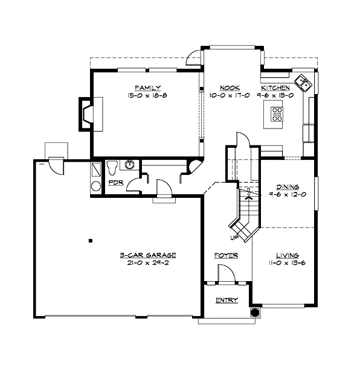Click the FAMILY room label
coord(144,87)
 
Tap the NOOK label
coord(217,87)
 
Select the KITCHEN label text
coord(275,87)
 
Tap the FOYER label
coord(226,256)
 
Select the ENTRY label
coord(226,300)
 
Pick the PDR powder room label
coord(115,182)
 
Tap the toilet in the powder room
coord(112,166)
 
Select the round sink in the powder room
coord(129,164)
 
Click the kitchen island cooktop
coord(277,113)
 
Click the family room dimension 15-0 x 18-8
coord(144,95)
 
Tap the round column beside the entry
coord(255,312)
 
